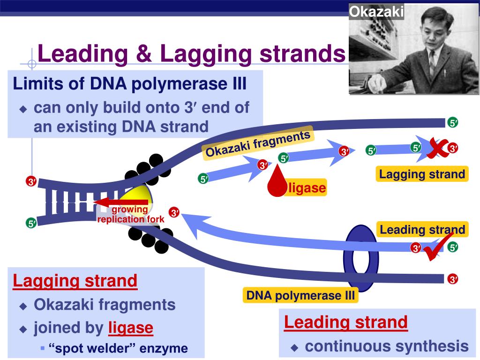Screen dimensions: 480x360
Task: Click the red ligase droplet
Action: tap(277, 183)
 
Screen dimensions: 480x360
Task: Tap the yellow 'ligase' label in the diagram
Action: tap(307, 187)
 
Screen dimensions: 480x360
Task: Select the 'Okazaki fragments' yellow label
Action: tap(258, 143)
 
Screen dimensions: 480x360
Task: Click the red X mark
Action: tap(437, 148)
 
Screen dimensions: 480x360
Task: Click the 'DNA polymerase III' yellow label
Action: tap(300, 295)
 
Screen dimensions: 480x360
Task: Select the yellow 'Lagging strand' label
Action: tap(422, 174)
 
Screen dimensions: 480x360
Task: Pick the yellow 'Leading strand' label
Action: tap(422, 230)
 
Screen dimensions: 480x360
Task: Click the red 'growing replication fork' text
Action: tap(131, 214)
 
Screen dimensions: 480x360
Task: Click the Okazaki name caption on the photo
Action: tap(376, 12)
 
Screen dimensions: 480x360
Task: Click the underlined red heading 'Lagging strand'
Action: tap(75, 281)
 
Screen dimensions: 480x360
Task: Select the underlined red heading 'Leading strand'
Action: tap(346, 322)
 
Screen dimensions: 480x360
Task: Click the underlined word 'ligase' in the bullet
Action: tap(131, 328)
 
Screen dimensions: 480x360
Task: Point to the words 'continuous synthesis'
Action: tap(387, 346)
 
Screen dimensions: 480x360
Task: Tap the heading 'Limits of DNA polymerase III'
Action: tap(130, 83)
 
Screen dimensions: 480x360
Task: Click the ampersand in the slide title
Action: tap(144, 53)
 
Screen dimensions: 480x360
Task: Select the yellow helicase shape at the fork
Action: tap(137, 196)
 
